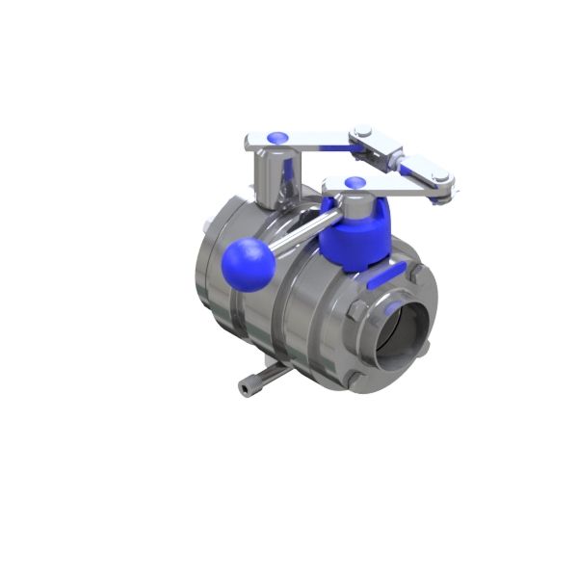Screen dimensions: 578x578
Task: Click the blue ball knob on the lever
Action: [248, 264]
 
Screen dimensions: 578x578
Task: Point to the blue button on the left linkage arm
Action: [276, 139]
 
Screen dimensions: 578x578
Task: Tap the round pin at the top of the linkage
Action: [363, 133]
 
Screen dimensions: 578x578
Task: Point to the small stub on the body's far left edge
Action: [207, 227]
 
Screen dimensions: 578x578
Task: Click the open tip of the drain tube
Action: [242, 388]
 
